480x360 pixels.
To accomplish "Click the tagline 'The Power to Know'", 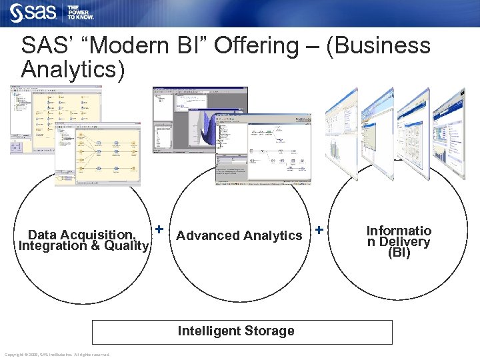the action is (81, 12).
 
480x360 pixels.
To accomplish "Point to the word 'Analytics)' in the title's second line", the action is (73, 69).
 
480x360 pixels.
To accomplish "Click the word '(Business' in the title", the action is (379, 46).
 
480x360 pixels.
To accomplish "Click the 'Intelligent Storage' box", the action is (241, 331).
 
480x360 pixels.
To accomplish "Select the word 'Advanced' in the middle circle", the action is (208, 235).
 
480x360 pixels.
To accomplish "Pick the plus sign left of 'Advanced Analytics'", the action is (159, 229).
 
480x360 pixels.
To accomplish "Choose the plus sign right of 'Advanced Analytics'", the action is (319, 229).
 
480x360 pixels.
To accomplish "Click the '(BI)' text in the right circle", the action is (399, 253).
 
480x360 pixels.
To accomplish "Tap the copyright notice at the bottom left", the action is (57, 354).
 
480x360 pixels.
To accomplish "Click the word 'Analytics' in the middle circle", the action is (273, 235).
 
